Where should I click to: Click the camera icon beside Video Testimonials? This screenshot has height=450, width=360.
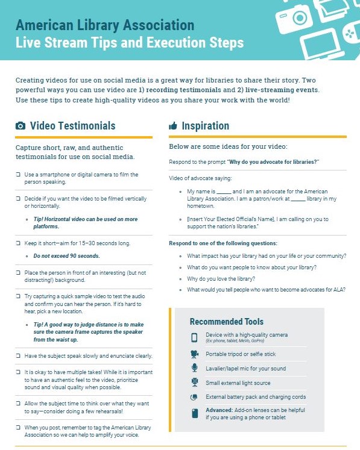pos(21,126)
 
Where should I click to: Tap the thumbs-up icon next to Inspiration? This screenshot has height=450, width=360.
pos(173,126)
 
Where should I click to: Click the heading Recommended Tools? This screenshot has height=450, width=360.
pos(226,322)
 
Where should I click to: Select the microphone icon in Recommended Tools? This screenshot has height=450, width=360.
pos(194,368)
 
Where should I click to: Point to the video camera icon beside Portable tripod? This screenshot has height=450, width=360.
pos(194,354)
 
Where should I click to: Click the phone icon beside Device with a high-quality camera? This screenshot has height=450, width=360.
pos(194,337)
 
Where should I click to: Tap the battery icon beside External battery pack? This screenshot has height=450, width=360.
pos(194,398)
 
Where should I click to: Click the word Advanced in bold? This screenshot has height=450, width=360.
pos(218,410)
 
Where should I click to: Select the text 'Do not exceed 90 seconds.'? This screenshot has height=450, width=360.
pos(66,256)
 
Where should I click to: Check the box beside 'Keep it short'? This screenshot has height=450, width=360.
pos(18,243)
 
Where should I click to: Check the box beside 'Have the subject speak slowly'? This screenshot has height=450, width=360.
pos(18,356)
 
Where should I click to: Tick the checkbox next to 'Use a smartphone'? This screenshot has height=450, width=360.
pos(18,175)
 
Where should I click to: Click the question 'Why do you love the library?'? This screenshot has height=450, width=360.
pos(221,278)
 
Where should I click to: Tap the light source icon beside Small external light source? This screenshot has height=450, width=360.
pos(194,383)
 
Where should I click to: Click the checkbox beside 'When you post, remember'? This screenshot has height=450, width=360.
pos(18,427)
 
